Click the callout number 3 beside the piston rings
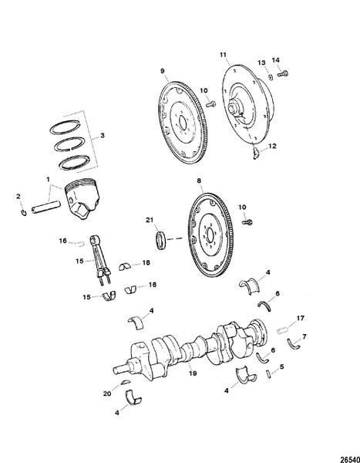coord(103,137)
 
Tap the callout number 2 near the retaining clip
coord(19,198)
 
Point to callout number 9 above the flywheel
coord(163,71)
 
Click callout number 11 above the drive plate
coord(224,55)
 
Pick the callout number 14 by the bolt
coord(277,59)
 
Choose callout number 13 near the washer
coord(261,62)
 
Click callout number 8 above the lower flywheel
coord(199,181)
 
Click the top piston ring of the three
coord(73,125)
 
